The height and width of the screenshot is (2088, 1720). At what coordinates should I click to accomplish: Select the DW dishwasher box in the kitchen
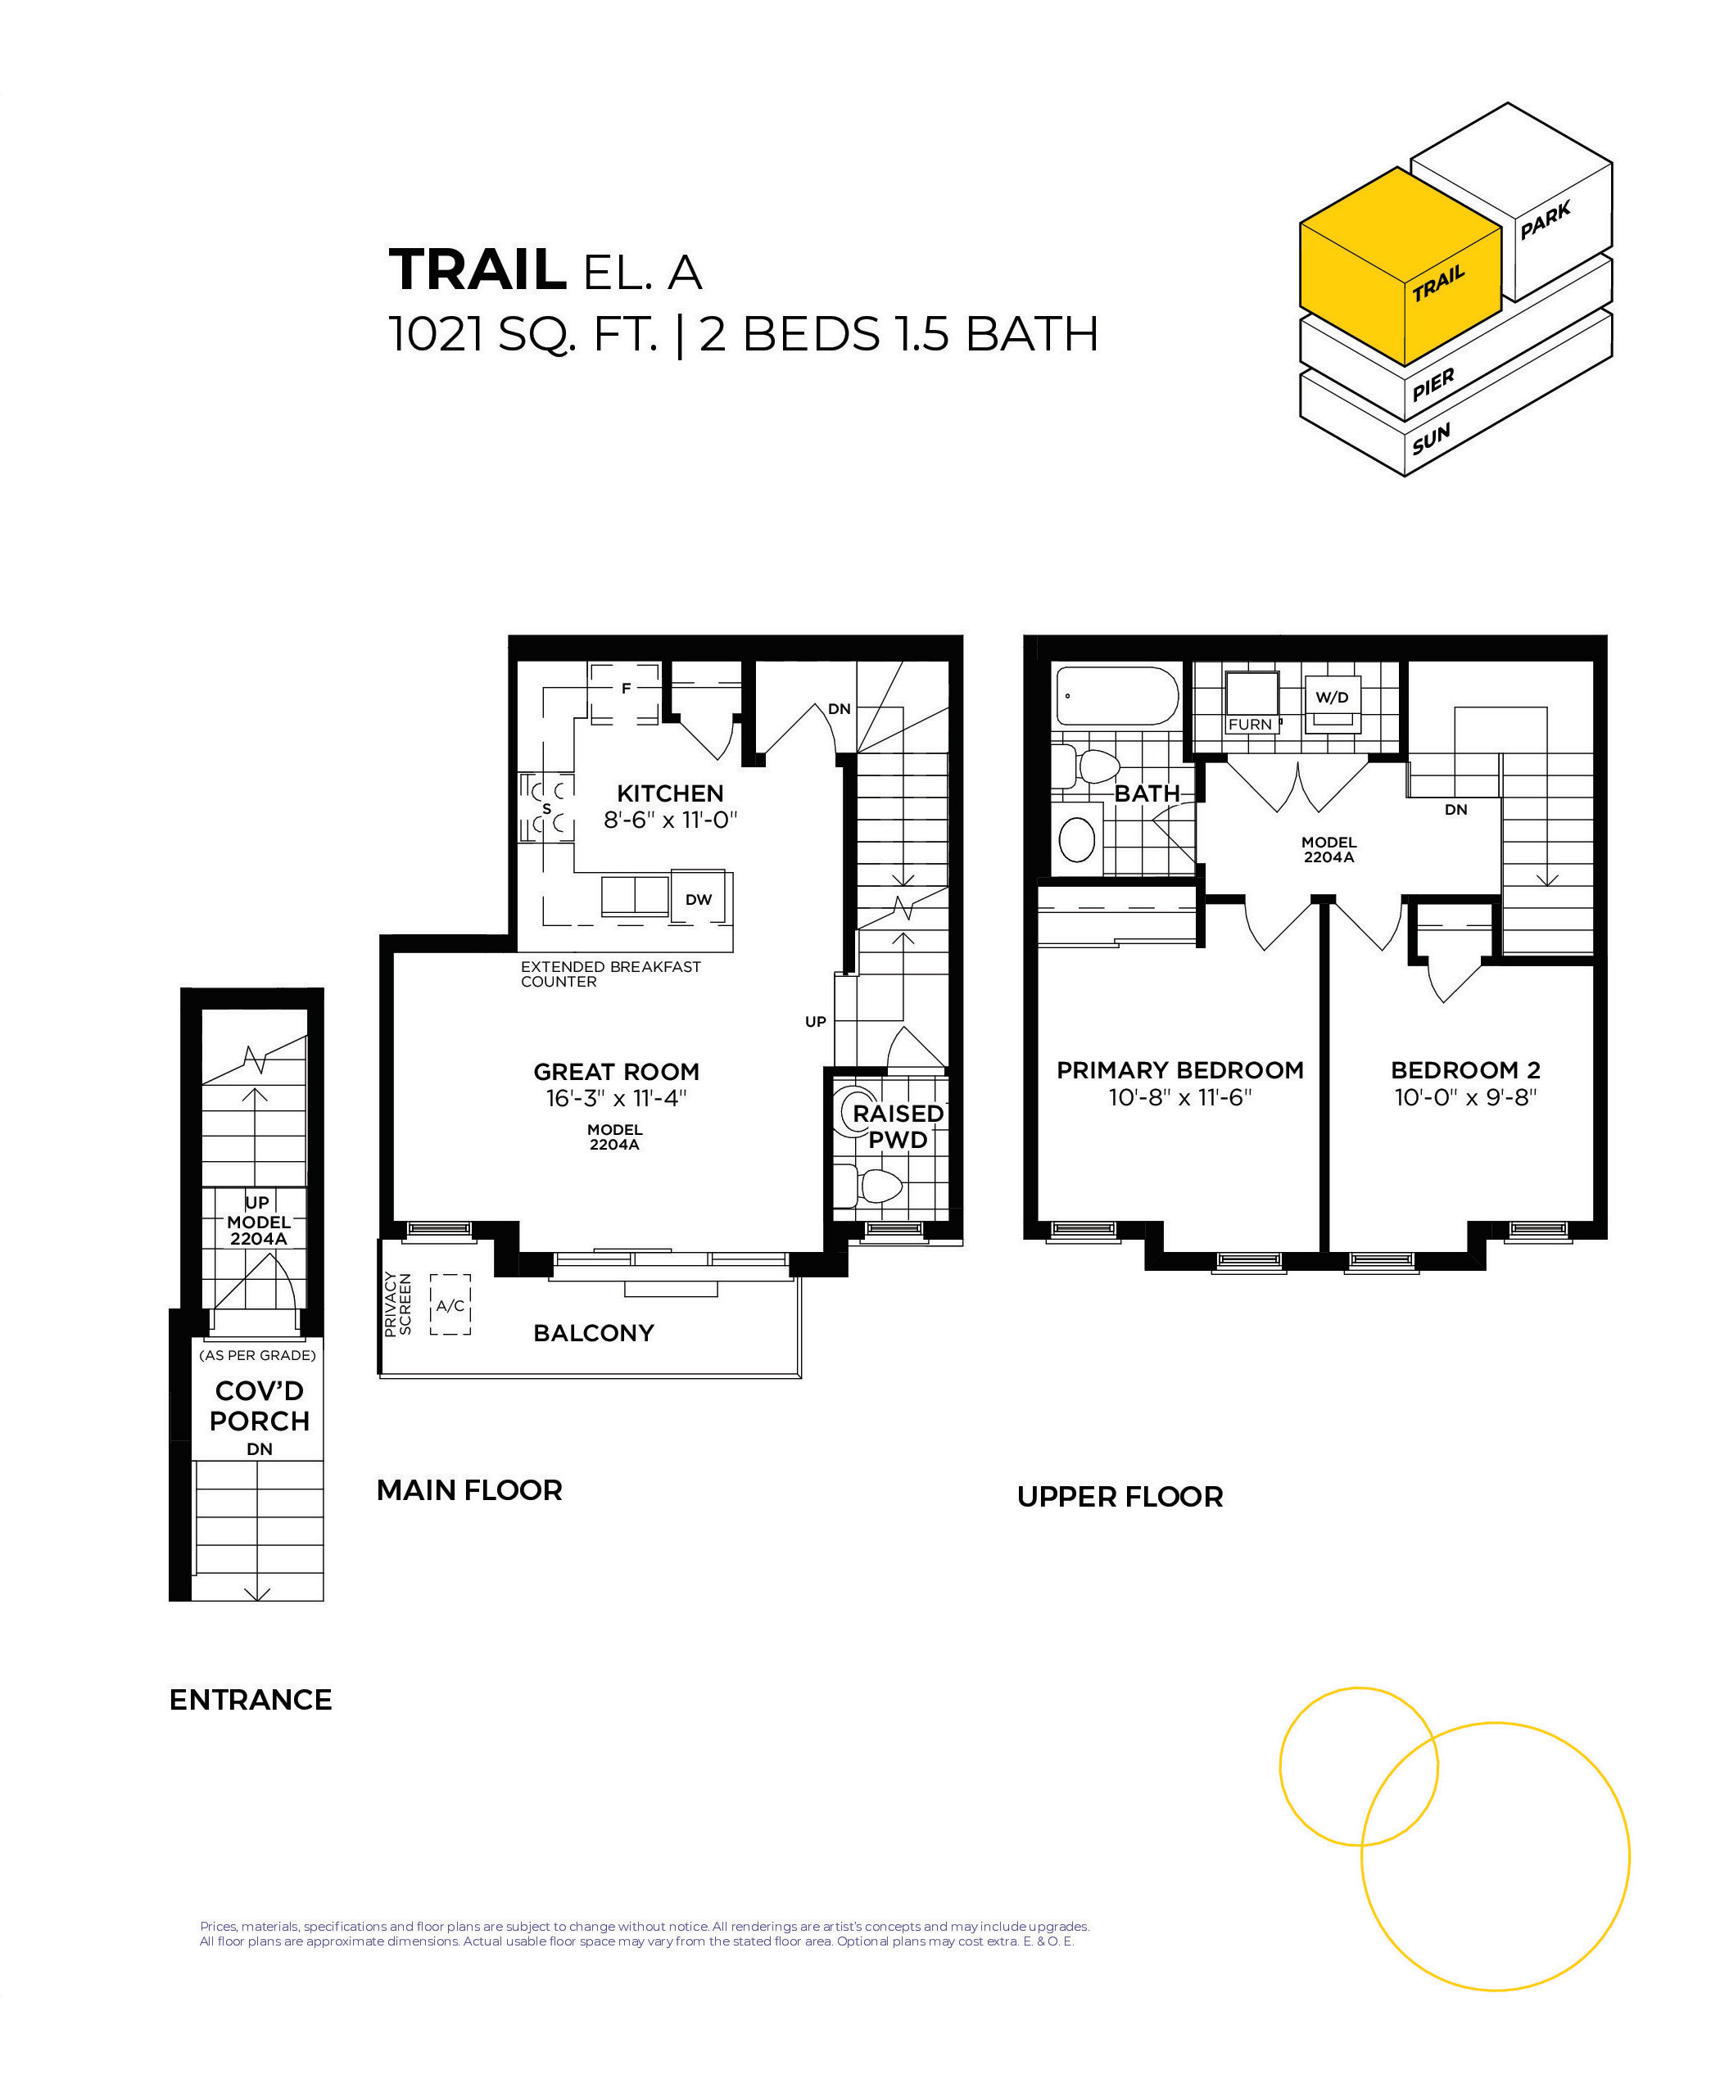[x=699, y=899]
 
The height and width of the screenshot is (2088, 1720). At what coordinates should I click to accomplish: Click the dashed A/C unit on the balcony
[x=450, y=1305]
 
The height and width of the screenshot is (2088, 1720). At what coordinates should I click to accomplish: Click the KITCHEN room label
[x=670, y=793]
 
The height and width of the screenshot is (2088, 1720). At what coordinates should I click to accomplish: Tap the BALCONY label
[x=594, y=1333]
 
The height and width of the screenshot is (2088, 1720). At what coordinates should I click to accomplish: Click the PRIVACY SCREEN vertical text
[x=397, y=1304]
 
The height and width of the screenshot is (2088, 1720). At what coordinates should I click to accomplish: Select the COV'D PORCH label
[x=260, y=1407]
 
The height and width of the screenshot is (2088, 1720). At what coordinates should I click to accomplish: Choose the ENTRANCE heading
[x=251, y=1700]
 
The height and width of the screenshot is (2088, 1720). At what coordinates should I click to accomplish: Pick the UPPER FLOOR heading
[x=1120, y=1497]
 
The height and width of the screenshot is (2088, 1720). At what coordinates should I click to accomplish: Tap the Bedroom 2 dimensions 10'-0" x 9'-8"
[x=1465, y=1097]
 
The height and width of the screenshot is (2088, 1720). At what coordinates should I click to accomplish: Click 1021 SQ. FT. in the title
[x=523, y=334]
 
